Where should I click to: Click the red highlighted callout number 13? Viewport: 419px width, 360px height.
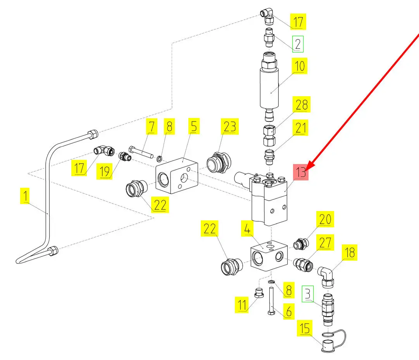tap(301, 172)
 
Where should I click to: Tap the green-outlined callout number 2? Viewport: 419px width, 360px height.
tap(298, 44)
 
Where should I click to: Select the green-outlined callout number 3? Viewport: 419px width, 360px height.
tap(308, 294)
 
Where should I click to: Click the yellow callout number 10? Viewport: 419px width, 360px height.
tap(299, 66)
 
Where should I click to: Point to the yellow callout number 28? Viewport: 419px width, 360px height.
tap(302, 104)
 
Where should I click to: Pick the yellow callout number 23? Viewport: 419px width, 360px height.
tap(229, 126)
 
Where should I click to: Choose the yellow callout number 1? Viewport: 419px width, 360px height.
tap(25, 196)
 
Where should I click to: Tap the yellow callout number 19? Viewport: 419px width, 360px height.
tap(104, 171)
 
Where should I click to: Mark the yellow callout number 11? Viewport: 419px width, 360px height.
tap(241, 305)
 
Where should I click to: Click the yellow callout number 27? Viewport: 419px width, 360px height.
tap(325, 242)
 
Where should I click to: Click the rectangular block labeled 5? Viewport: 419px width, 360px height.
tap(177, 176)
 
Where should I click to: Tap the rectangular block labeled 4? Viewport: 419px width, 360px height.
tap(269, 256)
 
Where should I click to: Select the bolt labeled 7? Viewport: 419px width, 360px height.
tap(141, 152)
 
